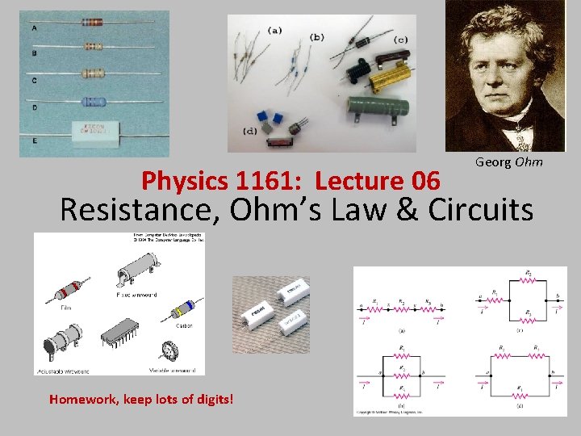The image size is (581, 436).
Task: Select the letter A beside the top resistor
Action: click(34, 29)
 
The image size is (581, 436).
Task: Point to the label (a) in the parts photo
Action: click(274, 31)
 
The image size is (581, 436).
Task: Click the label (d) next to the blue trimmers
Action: click(251, 131)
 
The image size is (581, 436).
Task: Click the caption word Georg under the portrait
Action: click(492, 162)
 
